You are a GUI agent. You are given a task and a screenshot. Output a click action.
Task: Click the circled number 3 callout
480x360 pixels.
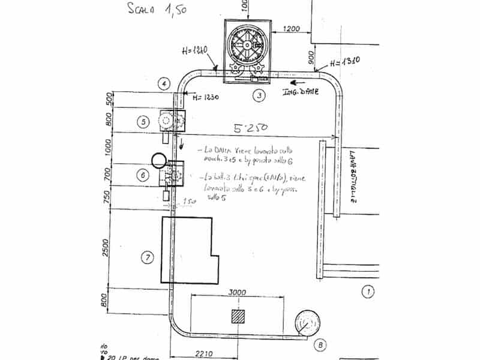point(259,95)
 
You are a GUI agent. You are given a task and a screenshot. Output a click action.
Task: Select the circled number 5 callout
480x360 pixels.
point(142,122)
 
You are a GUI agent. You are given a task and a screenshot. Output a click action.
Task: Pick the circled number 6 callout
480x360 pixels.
point(142,175)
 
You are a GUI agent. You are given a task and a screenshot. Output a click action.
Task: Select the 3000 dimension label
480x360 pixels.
point(238,292)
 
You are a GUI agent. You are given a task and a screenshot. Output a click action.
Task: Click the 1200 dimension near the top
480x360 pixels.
point(291,28)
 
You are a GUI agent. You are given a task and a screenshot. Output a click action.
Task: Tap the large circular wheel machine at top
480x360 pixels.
point(245,45)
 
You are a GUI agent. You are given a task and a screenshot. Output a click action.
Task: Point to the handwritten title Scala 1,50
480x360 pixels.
point(150,10)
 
